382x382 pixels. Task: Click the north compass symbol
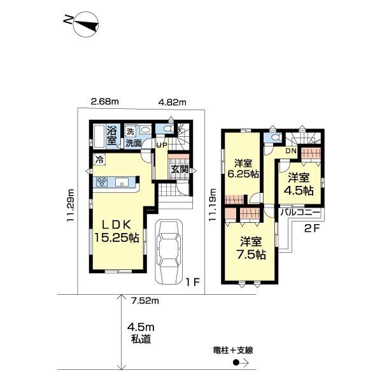pyautogui.click(x=82, y=24)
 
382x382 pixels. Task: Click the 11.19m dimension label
pyautogui.click(x=213, y=203)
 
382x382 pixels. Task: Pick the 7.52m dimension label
pyautogui.click(x=146, y=300)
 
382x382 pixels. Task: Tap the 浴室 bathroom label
pyautogui.click(x=113, y=136)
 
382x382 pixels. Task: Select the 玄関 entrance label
pyautogui.click(x=179, y=169)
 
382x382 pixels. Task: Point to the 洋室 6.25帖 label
pyautogui.click(x=244, y=167)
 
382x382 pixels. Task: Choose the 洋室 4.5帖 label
pyautogui.click(x=299, y=184)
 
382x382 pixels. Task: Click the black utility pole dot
pyautogui.click(x=236, y=364)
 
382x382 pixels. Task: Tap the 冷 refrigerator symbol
pyautogui.click(x=99, y=160)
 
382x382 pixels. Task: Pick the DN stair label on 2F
pyautogui.click(x=290, y=151)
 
